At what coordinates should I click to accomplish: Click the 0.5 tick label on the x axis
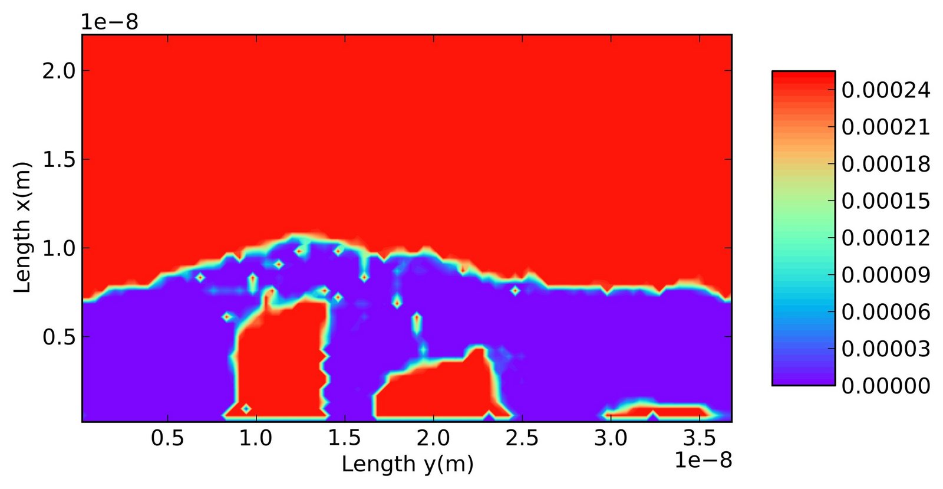pyautogui.click(x=167, y=438)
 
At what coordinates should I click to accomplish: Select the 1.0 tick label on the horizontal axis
pyautogui.click(x=256, y=438)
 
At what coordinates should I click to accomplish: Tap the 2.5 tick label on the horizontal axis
pyautogui.click(x=522, y=438)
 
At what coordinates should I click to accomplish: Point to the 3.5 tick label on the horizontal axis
pyautogui.click(x=699, y=438)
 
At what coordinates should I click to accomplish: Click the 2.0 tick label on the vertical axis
pyautogui.click(x=59, y=71)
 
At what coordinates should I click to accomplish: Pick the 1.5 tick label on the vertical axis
pyautogui.click(x=59, y=159)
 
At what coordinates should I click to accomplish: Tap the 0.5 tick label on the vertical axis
pyautogui.click(x=59, y=337)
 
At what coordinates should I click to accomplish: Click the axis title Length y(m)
pyautogui.click(x=407, y=464)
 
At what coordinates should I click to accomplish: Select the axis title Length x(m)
pyautogui.click(x=22, y=227)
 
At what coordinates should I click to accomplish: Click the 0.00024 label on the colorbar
pyautogui.click(x=886, y=90)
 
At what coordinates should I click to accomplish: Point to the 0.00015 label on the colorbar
pyautogui.click(x=886, y=201)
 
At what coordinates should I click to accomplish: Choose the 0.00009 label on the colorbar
pyautogui.click(x=886, y=275)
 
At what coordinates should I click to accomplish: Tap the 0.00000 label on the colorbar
pyautogui.click(x=886, y=386)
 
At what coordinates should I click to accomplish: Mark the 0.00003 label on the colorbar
pyautogui.click(x=886, y=349)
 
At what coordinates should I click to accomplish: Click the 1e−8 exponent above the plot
pyautogui.click(x=110, y=22)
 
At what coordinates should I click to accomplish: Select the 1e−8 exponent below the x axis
pyautogui.click(x=703, y=460)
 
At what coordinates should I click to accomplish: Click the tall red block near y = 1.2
pyautogui.click(x=280, y=360)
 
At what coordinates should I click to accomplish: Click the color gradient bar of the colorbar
pyautogui.click(x=803, y=228)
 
